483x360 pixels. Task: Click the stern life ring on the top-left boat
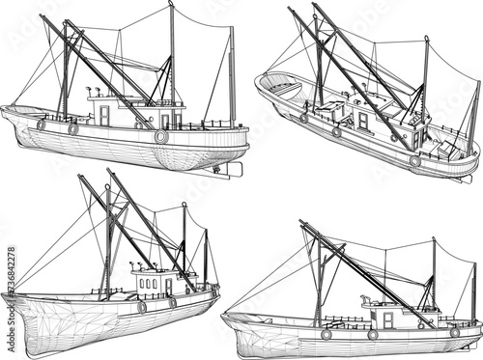click(161, 137)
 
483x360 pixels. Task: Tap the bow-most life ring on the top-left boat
click(42, 125)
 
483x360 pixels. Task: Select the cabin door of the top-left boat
click(104, 116)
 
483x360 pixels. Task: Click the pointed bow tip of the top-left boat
click(3, 109)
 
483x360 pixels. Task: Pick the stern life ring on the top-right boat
click(414, 160)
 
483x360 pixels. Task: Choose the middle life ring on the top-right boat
click(336, 132)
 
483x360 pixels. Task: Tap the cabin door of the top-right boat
click(363, 123)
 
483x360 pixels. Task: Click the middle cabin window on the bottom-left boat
click(149, 284)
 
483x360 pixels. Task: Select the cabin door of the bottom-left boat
click(167, 287)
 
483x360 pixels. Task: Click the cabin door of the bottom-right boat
click(387, 319)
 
